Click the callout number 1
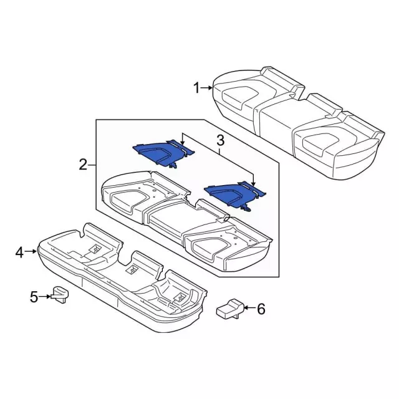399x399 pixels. (196, 89)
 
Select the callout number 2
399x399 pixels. (83, 165)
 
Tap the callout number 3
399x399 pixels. (219, 141)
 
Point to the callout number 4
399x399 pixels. (19, 252)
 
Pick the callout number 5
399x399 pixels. (34, 297)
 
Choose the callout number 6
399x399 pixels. (261, 308)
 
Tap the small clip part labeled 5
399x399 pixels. (60, 293)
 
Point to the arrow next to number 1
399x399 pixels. (208, 89)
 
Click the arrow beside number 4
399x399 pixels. (31, 252)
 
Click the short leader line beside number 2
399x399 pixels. (92, 165)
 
